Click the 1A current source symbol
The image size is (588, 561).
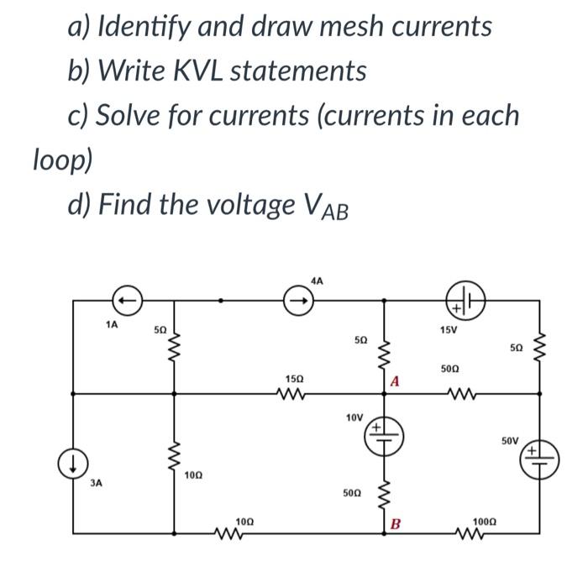[126, 297]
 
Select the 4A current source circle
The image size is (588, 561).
[295, 297]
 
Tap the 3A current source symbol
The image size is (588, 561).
[71, 461]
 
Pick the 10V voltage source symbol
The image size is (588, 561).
[386, 435]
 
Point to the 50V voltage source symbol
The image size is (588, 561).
[535, 461]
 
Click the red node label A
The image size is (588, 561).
[396, 382]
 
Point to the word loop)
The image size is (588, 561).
[62, 158]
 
